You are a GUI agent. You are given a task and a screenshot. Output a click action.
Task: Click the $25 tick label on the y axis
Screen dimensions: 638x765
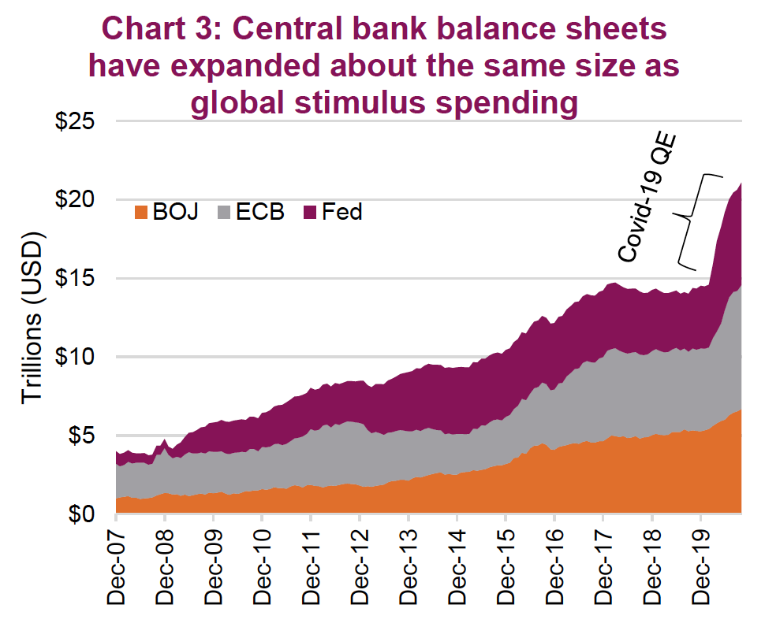76,123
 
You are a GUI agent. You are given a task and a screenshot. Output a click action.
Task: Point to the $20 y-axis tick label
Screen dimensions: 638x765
76,200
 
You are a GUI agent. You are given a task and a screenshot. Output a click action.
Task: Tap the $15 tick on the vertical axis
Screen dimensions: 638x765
76,279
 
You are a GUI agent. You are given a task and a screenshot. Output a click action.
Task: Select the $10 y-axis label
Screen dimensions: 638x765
76,357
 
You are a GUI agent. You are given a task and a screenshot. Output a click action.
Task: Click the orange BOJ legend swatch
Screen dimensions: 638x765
142,212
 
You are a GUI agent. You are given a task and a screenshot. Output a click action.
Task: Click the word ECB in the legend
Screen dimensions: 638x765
260,212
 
